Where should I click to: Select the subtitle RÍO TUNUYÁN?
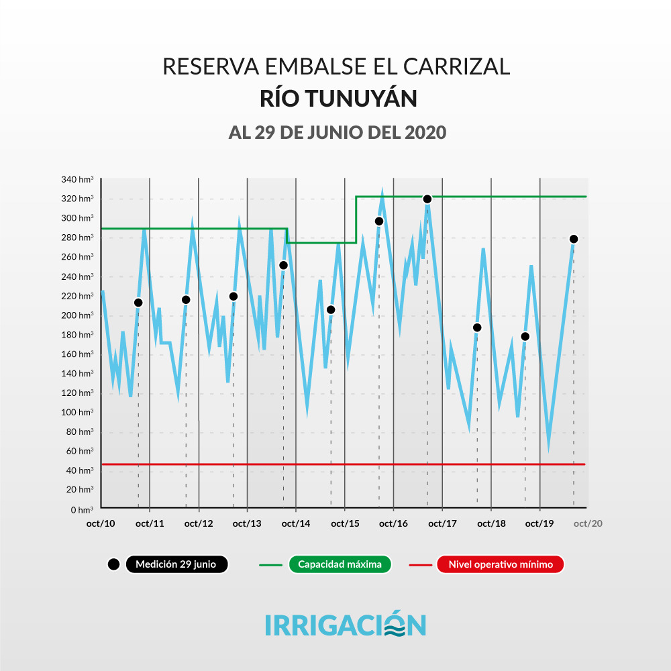click(x=338, y=99)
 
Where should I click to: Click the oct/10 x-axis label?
click(x=101, y=523)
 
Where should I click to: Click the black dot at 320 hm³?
click(x=427, y=199)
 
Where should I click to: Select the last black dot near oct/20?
click(x=574, y=239)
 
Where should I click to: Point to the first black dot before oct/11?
click(x=138, y=303)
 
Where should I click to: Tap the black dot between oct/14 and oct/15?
click(x=330, y=309)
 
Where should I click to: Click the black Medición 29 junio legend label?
click(x=176, y=564)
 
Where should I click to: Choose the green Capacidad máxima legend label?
click(x=340, y=564)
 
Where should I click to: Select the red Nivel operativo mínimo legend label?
click(x=500, y=564)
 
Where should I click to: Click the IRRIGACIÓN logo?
click(x=345, y=623)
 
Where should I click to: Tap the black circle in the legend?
click(x=113, y=564)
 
